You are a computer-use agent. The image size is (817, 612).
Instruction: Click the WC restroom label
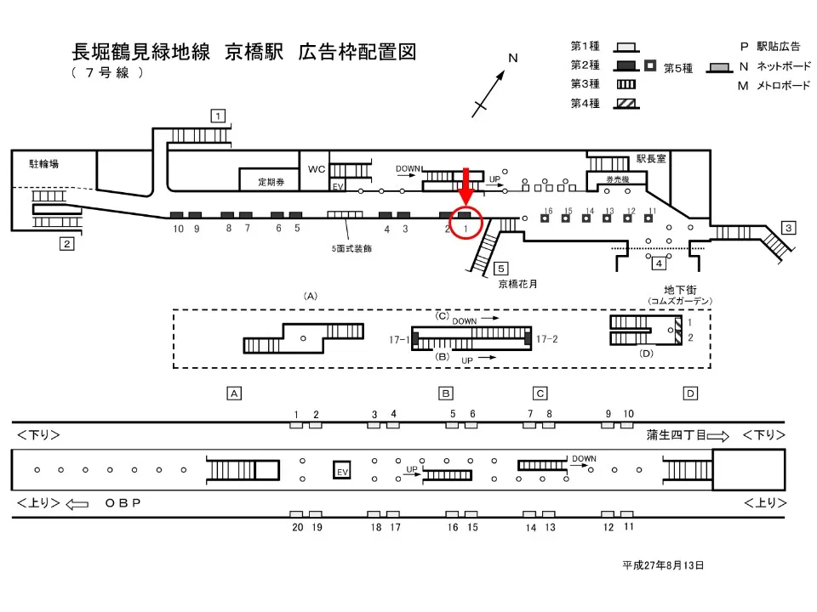[317, 169]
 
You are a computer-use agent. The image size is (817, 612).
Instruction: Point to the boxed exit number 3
[789, 227]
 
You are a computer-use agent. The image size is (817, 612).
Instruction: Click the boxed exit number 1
[219, 116]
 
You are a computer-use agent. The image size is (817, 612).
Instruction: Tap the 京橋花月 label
[519, 285]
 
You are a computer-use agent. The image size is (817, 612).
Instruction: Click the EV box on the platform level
[342, 471]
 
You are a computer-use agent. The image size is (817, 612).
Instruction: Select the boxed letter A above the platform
[234, 393]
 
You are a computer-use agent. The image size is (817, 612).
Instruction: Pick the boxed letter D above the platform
[690, 393]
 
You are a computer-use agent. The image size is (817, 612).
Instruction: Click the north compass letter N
[513, 59]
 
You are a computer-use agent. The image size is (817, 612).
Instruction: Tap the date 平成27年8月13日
[662, 564]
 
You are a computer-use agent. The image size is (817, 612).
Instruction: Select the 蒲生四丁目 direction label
[675, 435]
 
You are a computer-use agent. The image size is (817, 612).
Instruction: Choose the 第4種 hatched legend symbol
[626, 104]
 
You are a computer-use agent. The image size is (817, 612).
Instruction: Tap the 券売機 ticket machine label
[616, 179]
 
